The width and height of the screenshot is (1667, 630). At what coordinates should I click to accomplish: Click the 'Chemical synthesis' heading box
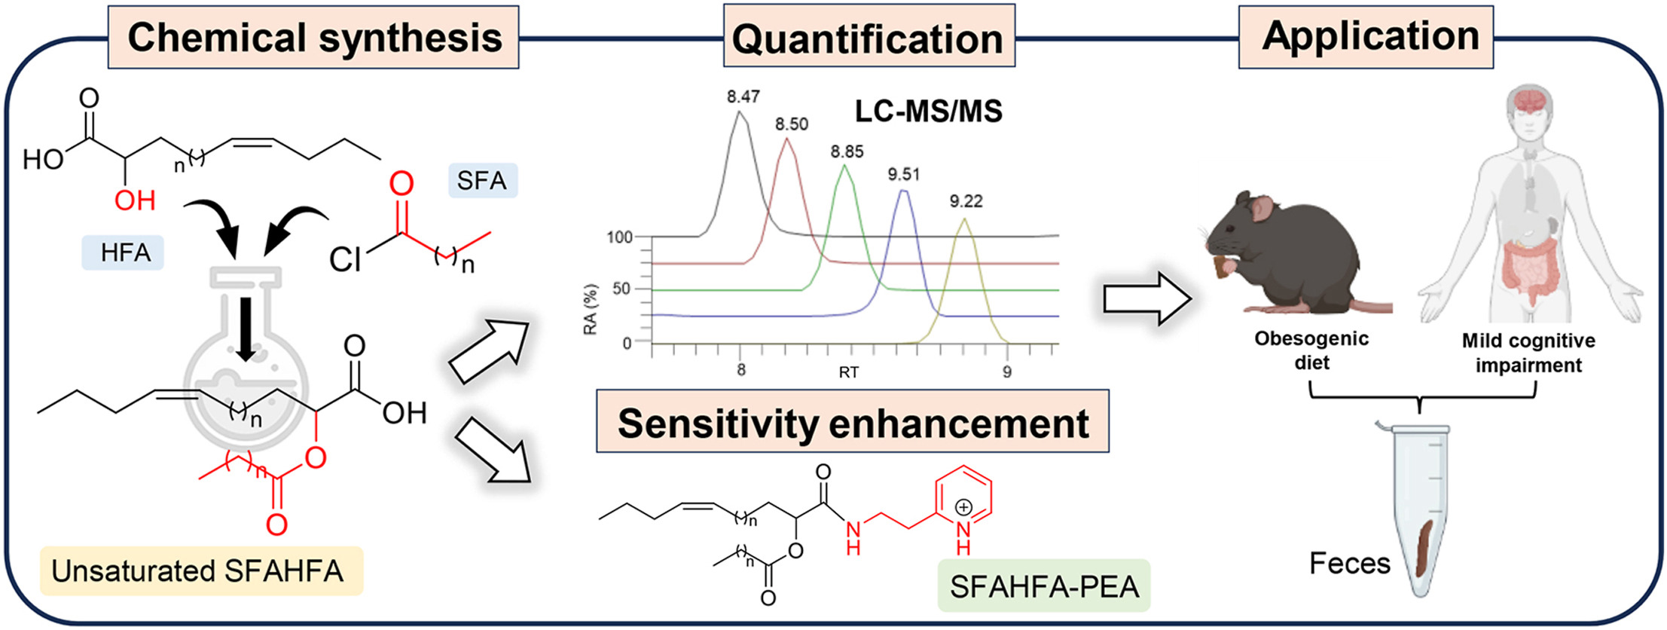(x=313, y=38)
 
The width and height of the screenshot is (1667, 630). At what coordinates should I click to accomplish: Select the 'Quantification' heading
(x=868, y=38)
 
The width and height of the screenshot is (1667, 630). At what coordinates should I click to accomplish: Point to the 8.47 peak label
(x=743, y=97)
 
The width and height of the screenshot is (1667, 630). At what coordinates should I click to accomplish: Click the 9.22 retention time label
(x=966, y=201)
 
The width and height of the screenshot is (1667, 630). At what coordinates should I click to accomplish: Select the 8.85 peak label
(x=847, y=152)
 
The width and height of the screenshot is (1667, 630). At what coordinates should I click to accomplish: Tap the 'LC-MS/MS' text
(x=928, y=112)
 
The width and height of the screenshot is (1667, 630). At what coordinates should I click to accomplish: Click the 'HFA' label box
(x=125, y=252)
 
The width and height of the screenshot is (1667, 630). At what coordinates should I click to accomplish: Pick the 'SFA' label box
(x=482, y=181)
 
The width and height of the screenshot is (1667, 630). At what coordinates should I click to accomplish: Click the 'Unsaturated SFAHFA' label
(x=197, y=571)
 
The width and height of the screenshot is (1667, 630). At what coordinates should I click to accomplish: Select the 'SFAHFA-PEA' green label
(x=1044, y=586)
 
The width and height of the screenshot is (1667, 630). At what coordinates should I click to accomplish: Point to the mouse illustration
(x=1288, y=256)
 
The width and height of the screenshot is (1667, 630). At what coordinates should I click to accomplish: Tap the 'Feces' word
(x=1349, y=564)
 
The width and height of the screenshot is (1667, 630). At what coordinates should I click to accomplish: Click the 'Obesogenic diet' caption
(x=1311, y=350)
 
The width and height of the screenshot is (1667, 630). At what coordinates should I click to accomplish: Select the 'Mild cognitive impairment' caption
(x=1528, y=353)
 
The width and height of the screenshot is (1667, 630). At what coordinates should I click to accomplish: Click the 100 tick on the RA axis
(x=619, y=238)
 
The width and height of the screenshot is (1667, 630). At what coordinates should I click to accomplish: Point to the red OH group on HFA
(x=136, y=200)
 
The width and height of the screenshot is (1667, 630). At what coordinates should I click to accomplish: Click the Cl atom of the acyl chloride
(x=346, y=260)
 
